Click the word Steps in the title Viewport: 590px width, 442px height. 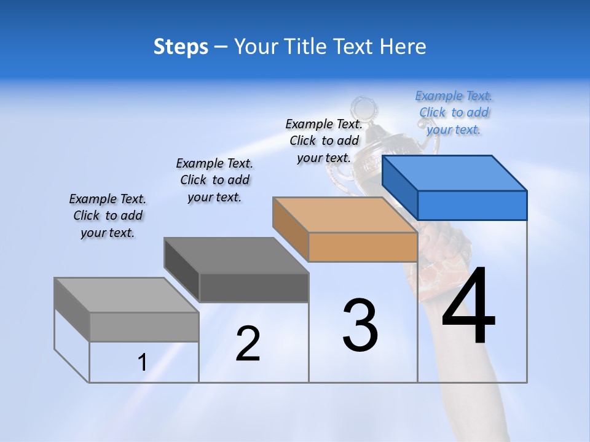pyautogui.click(x=181, y=47)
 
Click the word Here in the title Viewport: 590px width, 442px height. pyautogui.click(x=403, y=47)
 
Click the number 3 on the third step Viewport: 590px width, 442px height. pyautogui.click(x=360, y=325)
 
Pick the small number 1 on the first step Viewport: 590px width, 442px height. pyautogui.click(x=142, y=362)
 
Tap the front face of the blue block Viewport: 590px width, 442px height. pyautogui.click(x=472, y=205)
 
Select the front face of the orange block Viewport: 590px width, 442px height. pyautogui.click(x=363, y=247)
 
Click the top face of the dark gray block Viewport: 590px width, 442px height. pyautogui.click(x=236, y=255)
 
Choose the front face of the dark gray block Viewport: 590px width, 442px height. pyautogui.click(x=254, y=287)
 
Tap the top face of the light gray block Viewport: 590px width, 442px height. pyautogui.click(x=127, y=295)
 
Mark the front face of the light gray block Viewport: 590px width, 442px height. pyautogui.click(x=144, y=327)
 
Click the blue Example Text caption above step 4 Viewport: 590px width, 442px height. pyautogui.click(x=454, y=112)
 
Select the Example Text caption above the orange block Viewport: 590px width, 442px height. pyautogui.click(x=324, y=141)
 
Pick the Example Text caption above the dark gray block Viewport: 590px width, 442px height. pyautogui.click(x=214, y=180)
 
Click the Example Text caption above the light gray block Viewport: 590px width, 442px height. pyautogui.click(x=108, y=215)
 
